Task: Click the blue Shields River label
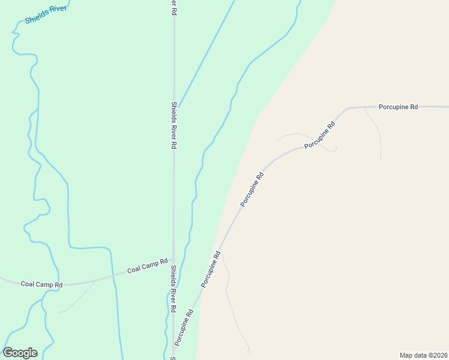(x=46, y=16)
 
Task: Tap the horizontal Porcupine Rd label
(x=398, y=107)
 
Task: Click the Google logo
(x=20, y=353)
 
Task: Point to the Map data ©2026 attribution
(x=424, y=355)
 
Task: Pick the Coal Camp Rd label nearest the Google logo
(x=41, y=284)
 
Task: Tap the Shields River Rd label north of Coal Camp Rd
(x=173, y=125)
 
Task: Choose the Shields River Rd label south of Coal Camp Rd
(x=173, y=289)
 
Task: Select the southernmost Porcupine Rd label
(x=184, y=327)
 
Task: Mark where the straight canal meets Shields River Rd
(x=179, y=107)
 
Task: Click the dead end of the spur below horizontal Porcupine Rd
(x=381, y=160)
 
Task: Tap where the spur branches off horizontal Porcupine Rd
(x=364, y=108)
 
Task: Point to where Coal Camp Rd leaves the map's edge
(x=1, y=278)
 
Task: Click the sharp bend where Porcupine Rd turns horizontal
(x=347, y=109)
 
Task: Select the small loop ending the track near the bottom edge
(x=249, y=353)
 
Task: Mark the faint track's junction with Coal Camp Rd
(x=96, y=280)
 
